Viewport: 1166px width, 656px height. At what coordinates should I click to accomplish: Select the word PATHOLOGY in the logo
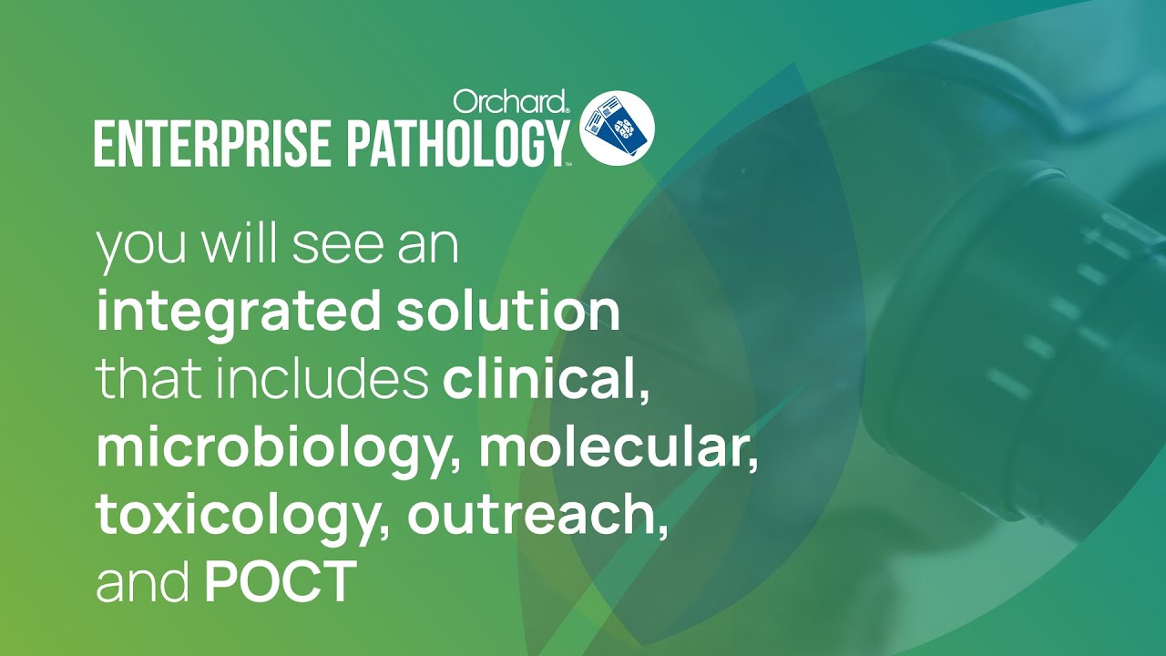(457, 143)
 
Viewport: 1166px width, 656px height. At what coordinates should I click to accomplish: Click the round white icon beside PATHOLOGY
(617, 128)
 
